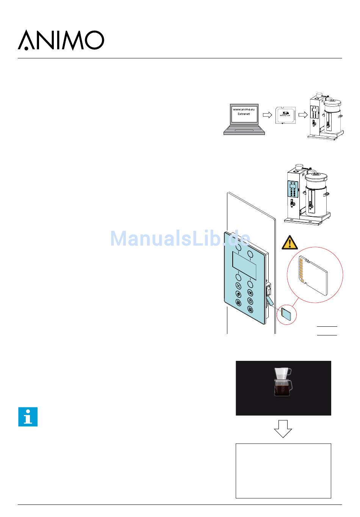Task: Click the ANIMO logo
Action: pos(61,40)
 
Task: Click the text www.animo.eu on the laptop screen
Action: pos(244,109)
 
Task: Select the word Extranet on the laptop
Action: pos(244,114)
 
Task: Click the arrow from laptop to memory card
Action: pos(268,114)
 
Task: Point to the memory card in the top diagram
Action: pos(285,114)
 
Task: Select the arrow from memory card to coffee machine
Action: pos(303,114)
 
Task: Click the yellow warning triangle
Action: pos(290,242)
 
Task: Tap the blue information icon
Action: pos(28,417)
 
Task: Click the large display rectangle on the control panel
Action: pos(244,265)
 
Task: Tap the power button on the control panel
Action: pos(250,301)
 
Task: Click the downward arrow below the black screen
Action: pos(283,429)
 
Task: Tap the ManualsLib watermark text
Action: pos(180,238)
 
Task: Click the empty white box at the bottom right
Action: pos(283,470)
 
